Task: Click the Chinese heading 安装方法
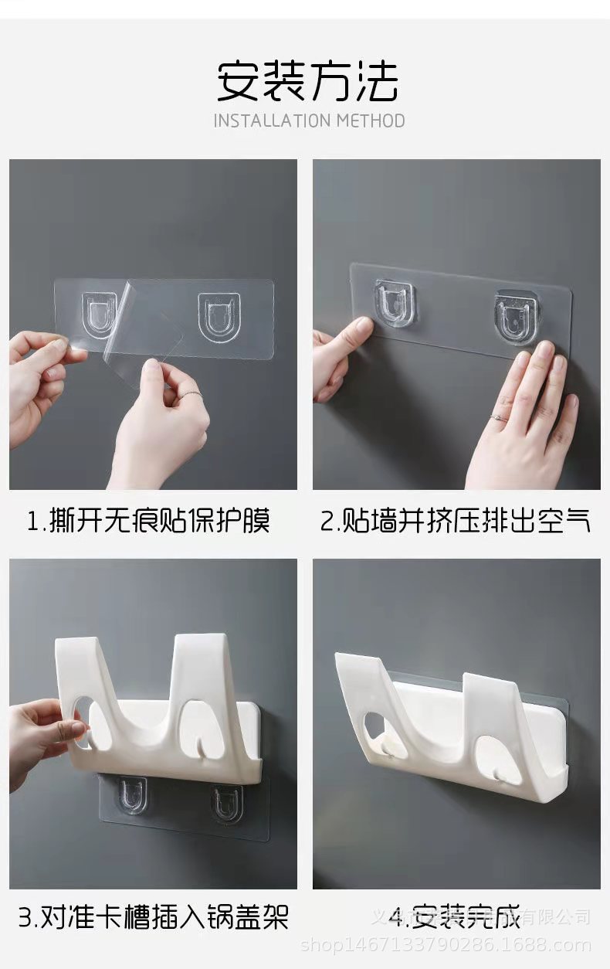tap(307, 81)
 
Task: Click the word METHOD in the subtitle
tap(371, 121)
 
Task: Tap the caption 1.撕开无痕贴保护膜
tap(148, 521)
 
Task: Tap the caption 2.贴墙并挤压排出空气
tap(456, 521)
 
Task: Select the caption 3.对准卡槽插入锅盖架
tap(153, 917)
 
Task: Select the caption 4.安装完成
tap(454, 917)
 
